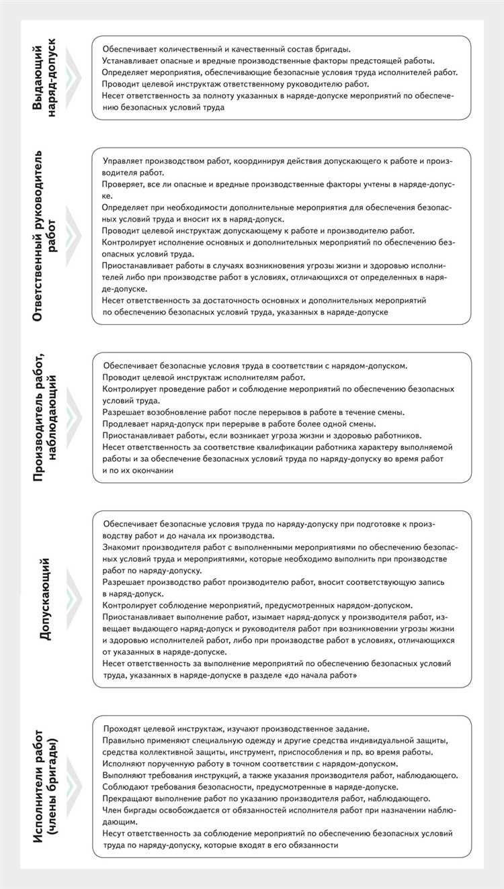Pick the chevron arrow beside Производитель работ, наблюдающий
[x=73, y=417]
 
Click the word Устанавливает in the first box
[x=125, y=60]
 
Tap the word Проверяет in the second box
[x=123, y=183]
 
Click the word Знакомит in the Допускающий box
[x=121, y=548]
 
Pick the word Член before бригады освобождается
[x=114, y=810]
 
